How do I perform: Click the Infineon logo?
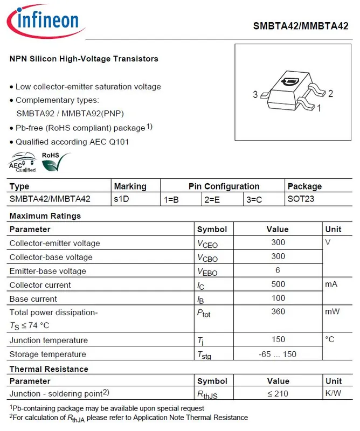45,21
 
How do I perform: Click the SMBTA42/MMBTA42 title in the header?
301,26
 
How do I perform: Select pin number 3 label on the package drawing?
255,95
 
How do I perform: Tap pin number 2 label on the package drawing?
330,94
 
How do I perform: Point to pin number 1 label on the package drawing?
319,108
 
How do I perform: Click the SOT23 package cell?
301,199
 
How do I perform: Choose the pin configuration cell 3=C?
254,199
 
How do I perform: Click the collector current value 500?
278,284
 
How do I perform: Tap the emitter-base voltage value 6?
278,270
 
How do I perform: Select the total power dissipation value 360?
278,312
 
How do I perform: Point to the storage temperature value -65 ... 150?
278,354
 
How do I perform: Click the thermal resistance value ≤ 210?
278,393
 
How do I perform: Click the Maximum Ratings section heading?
45,216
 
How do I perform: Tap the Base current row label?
33,298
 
